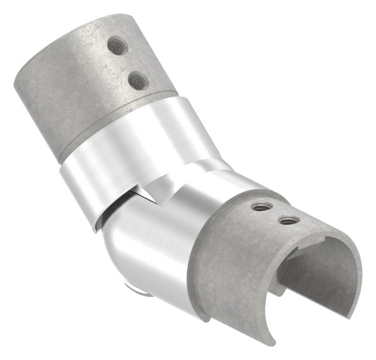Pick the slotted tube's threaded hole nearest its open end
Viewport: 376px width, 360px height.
click(x=288, y=220)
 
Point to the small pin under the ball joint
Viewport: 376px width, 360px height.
click(x=133, y=289)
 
